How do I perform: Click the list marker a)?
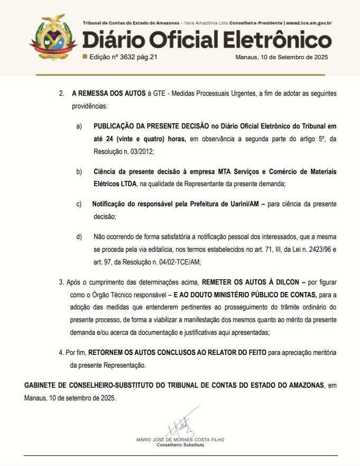[79, 126]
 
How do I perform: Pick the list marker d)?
[79, 236]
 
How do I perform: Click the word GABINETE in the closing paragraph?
[44, 385]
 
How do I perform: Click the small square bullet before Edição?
[85, 56]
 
